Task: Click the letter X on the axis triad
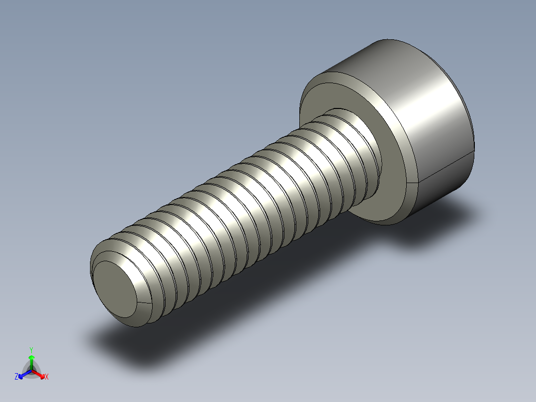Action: click(47, 377)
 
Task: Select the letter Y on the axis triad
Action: click(31, 350)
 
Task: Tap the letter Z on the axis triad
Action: click(16, 377)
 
